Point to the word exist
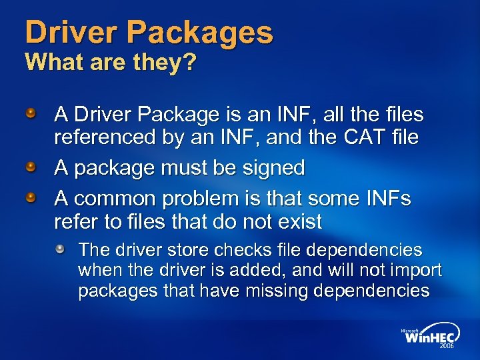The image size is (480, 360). tap(297, 221)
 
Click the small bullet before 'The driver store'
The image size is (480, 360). tap(61, 249)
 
